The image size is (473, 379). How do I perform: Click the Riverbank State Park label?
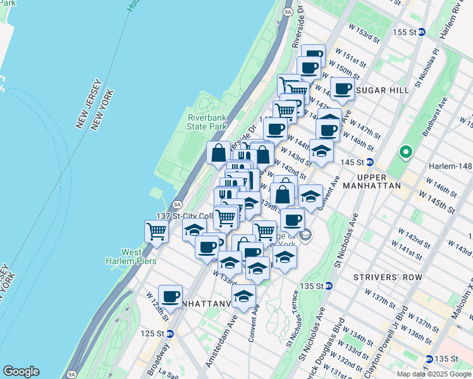coord(207,122)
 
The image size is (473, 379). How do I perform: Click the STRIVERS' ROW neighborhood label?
coord(379,277)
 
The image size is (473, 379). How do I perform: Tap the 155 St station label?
coord(405,32)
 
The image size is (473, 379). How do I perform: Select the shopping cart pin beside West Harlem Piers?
coord(156,231)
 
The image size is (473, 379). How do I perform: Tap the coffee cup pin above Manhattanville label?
coord(170,296)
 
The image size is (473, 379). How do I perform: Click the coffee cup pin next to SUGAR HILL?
coord(342,89)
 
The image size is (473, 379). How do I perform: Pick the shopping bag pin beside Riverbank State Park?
coord(218,152)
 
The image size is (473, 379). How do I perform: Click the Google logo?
coord(21,371)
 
